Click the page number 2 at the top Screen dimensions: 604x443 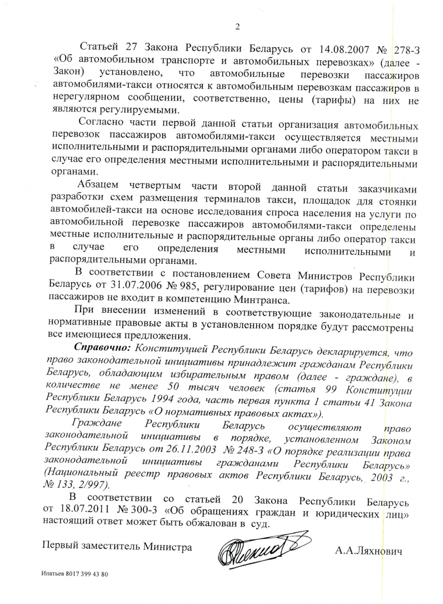point(237,27)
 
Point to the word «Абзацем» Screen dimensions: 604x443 point(100,185)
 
